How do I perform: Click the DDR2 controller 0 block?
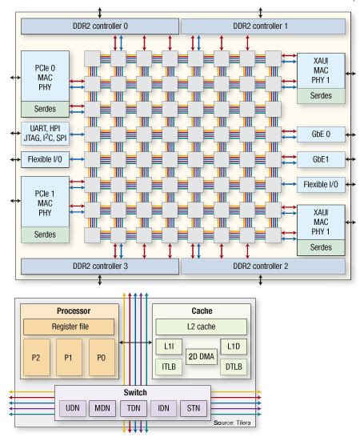click(98, 26)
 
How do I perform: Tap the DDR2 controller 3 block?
click(98, 266)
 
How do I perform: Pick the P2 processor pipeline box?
click(37, 356)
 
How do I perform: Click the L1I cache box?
click(168, 347)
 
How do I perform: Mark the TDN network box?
click(132, 409)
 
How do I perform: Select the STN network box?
click(194, 409)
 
